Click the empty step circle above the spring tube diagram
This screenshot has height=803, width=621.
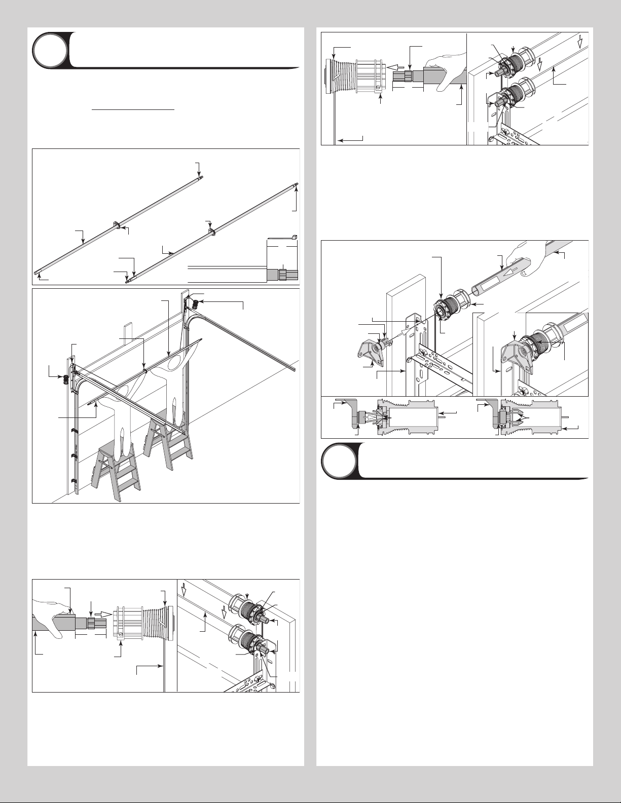49,51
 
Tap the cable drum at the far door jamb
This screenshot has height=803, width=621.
194,304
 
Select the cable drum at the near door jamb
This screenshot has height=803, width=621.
66,380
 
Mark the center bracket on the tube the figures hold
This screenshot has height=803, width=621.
145,370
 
